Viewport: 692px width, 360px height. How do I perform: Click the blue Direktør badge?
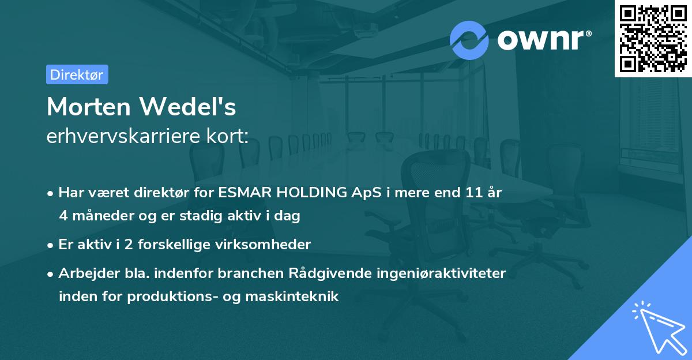(77, 74)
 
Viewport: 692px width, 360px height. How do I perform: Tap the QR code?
(653, 38)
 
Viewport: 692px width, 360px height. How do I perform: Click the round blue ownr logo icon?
(469, 40)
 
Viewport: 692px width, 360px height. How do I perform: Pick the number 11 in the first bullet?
(474, 193)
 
